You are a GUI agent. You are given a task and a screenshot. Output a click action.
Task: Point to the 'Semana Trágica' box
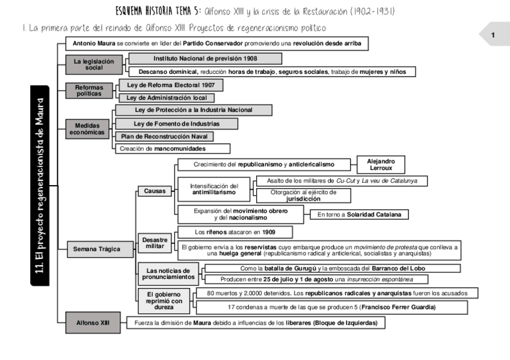pyautogui.click(x=96, y=248)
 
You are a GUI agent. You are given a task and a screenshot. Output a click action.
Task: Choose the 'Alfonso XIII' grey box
pyautogui.click(x=91, y=323)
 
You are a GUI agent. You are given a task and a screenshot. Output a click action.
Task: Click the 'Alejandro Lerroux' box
pyautogui.click(x=381, y=165)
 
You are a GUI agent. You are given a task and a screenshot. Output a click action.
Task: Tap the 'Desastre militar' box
pyautogui.click(x=155, y=243)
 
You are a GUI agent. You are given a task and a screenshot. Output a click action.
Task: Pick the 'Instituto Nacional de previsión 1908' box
pyautogui.click(x=205, y=58)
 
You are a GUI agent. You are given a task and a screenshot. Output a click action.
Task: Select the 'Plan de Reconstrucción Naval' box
pyautogui.click(x=164, y=136)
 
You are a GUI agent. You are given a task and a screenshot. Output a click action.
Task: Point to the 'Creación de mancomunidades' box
pyautogui.click(x=171, y=148)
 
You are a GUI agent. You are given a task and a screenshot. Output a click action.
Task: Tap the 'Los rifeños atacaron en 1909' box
pyautogui.click(x=235, y=231)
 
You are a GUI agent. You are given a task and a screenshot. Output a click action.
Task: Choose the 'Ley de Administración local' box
pyautogui.click(x=166, y=97)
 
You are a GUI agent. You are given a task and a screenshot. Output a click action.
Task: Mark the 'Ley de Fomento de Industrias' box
pyautogui.click(x=176, y=123)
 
